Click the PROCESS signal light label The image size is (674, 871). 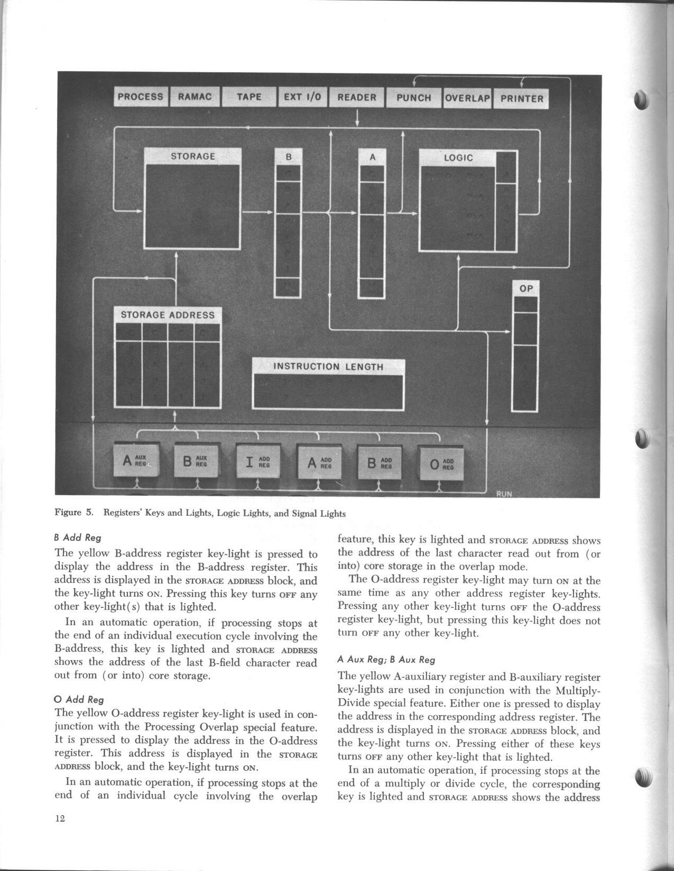141,97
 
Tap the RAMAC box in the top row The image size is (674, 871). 195,97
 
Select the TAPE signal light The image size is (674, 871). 249,97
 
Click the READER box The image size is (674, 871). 357,98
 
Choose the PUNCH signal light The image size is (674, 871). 413,98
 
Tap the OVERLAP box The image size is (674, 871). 467,98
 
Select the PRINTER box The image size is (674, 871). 521,99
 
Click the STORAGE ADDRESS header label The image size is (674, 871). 168,315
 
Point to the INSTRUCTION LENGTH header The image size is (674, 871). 328,367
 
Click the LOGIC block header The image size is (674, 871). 458,158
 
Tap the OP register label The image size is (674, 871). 526,289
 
